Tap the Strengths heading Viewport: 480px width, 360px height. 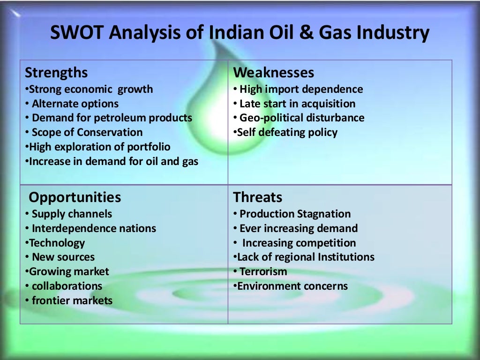(56, 73)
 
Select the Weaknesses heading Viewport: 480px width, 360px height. (274, 73)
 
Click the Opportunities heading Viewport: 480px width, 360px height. (75, 197)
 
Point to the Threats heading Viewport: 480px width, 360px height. (258, 197)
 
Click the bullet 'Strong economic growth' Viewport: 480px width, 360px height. (89, 89)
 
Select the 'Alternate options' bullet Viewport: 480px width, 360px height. (75, 104)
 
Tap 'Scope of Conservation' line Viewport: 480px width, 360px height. (87, 133)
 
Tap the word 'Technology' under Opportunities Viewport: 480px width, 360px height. (57, 243)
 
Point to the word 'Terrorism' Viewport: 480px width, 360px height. (263, 272)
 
